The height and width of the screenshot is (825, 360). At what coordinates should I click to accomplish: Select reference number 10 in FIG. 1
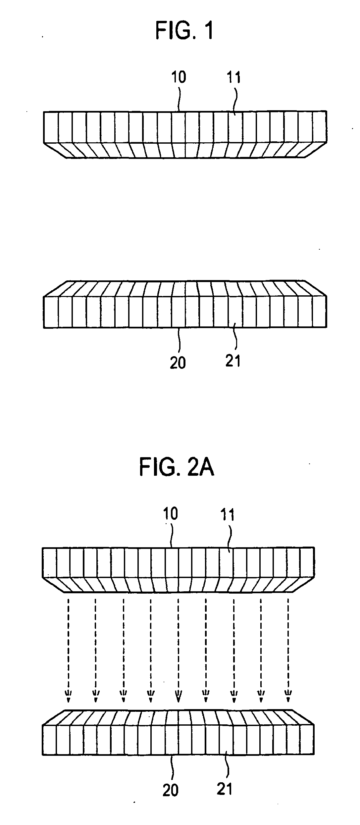click(x=179, y=77)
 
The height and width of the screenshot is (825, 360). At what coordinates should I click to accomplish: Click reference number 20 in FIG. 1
click(x=178, y=363)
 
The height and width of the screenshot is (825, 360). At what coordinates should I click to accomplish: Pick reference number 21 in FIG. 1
click(x=233, y=361)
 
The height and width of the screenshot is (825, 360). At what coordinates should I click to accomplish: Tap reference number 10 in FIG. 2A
click(x=170, y=514)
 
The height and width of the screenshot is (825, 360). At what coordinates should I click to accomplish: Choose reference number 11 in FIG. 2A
click(x=227, y=515)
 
